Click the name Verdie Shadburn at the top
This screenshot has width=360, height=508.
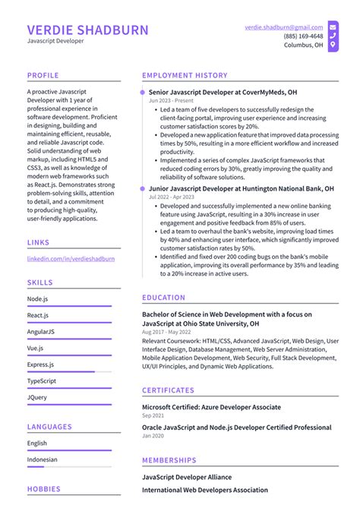88,30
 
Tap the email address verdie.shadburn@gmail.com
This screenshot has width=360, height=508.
283,27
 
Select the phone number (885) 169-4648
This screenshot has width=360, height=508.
303,36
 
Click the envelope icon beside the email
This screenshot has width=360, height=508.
333,27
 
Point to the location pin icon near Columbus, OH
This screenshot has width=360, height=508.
333,46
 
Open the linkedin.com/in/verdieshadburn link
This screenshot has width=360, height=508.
71,259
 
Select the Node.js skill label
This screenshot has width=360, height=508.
37,298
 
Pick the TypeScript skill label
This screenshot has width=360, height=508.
42,380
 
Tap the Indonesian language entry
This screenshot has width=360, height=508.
43,459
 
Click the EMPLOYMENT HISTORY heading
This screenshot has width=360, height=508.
185,76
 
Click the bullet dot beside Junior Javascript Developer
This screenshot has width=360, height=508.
142,188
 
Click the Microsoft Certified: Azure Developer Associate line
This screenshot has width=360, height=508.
211,407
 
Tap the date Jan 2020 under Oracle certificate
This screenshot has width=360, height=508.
153,437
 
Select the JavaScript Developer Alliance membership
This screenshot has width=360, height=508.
187,477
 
